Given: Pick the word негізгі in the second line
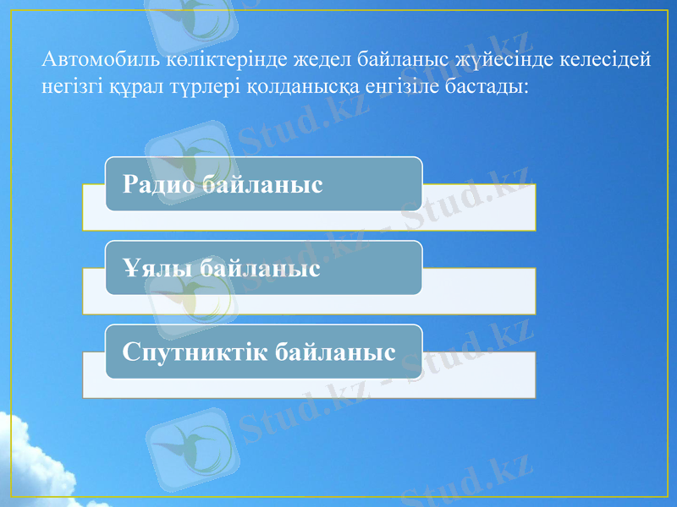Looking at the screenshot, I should pyautogui.click(x=69, y=86).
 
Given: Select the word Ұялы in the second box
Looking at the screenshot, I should pyautogui.click(x=151, y=269).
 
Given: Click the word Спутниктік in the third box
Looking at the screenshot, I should pyautogui.click(x=195, y=352).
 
